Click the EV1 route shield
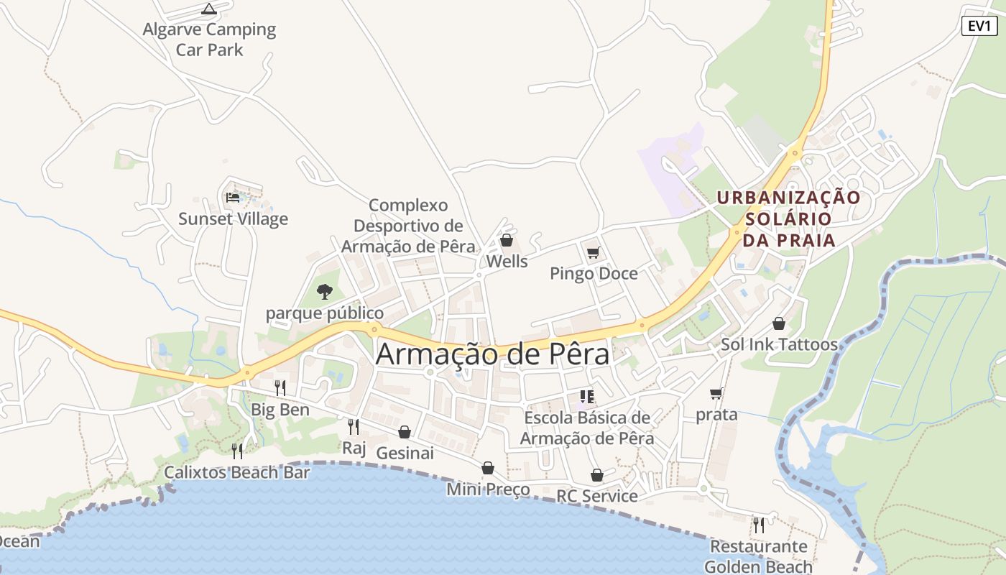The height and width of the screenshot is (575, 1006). pos(979,26)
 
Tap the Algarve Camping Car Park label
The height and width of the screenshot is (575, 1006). pos(209,40)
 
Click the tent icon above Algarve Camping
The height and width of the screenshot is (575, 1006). pos(209,9)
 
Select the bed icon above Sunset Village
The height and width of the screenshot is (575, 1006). pos(233,197)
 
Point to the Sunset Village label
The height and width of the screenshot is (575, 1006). pos(233,219)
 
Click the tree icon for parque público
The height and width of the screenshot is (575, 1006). pos(325,292)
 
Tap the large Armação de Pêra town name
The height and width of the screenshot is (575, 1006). pos(492,354)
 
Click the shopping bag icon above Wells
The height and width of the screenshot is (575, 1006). pos(507,240)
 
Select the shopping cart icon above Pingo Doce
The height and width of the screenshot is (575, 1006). pos(594,252)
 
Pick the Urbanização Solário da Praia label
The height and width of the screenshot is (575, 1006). pos(788,218)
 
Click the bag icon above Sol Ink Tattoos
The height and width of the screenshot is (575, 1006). pos(779,323)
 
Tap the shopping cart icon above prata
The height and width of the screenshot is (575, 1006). pos(716,393)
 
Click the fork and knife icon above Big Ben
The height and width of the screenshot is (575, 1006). pos(280,388)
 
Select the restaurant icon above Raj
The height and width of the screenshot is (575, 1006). pos(354,427)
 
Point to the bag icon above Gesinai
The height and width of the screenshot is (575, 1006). pos(405,432)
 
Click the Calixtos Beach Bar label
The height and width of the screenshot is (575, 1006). pos(237,472)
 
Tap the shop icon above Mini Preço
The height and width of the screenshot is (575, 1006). pos(488,469)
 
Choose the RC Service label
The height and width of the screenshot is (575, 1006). pos(596,496)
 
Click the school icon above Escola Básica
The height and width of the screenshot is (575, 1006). pos(586,397)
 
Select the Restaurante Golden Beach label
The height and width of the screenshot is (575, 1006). pos(758,556)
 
